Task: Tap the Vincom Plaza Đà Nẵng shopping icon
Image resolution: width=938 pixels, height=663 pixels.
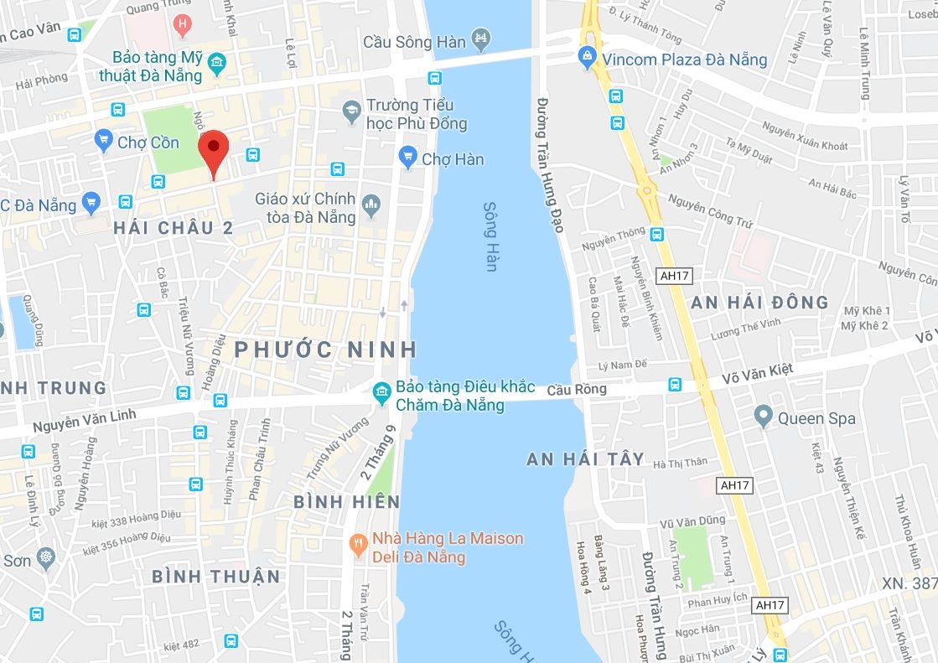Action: point(588,59)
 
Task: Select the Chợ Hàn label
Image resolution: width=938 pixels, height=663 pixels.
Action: point(453,158)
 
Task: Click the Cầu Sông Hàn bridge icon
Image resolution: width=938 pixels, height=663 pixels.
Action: point(481,39)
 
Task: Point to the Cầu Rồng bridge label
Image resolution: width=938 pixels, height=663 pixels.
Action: point(576,391)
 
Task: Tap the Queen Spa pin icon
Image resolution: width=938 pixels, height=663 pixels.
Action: point(763,416)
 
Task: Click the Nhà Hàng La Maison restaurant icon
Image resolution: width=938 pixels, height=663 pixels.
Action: point(359,543)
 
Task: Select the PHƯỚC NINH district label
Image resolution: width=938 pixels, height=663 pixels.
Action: point(326,349)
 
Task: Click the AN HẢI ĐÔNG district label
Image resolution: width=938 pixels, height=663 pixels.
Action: point(759,303)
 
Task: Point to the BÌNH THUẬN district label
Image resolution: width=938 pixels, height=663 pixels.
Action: point(215,577)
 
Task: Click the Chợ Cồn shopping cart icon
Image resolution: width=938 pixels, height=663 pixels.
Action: point(104,140)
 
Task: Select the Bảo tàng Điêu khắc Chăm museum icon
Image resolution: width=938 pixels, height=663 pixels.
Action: point(381,391)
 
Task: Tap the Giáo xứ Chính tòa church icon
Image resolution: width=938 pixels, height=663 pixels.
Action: point(371,202)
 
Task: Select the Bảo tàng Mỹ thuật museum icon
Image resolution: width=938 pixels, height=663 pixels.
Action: point(217,62)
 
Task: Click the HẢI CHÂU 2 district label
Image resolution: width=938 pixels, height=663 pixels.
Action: point(173,227)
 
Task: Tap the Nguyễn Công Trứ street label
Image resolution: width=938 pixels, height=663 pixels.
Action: point(710,210)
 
